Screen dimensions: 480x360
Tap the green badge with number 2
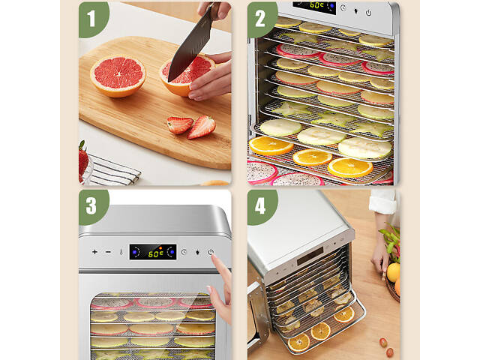coord(261,19)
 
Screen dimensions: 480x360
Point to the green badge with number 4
coord(261,207)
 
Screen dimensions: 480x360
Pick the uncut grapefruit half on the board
coord(118,76)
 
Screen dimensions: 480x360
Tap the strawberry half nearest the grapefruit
coord(179,125)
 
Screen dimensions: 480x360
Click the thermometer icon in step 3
coord(121,252)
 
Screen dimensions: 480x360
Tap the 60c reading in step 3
coord(155,253)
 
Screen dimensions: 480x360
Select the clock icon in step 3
coord(184,252)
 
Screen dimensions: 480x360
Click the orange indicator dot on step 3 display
coord(160,247)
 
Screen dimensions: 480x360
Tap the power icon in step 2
coord(368,13)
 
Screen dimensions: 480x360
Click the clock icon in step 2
coord(343,8)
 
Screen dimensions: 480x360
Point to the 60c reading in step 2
coord(316,5)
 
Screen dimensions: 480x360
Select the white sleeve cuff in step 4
coord(382,202)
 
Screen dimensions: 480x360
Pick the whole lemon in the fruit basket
coord(393,272)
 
